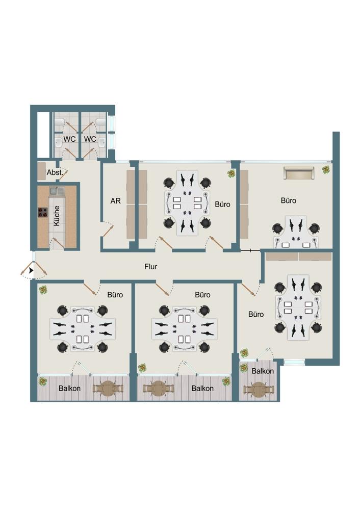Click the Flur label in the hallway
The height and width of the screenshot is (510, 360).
[150, 267]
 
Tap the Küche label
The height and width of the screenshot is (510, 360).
[57, 215]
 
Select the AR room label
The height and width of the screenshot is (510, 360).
[115, 201]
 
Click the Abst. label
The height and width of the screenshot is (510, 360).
[55, 172]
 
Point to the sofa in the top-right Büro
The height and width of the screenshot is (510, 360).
[298, 172]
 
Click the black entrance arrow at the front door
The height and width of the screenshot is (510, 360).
[31, 270]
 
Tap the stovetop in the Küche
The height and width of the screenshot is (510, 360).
[43, 213]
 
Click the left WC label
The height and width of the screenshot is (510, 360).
[69, 139]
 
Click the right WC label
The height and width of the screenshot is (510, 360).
[90, 139]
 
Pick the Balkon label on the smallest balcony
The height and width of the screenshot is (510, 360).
[263, 371]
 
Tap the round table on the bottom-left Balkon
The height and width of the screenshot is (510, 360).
[109, 388]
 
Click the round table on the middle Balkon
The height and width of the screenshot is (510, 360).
[159, 388]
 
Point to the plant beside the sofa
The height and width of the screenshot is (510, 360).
[325, 170]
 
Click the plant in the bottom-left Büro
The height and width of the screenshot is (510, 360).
[43, 290]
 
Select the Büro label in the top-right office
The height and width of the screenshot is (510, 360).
[289, 200]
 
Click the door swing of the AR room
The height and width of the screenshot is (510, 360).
[107, 229]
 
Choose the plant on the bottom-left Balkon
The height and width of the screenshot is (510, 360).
[42, 381]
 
